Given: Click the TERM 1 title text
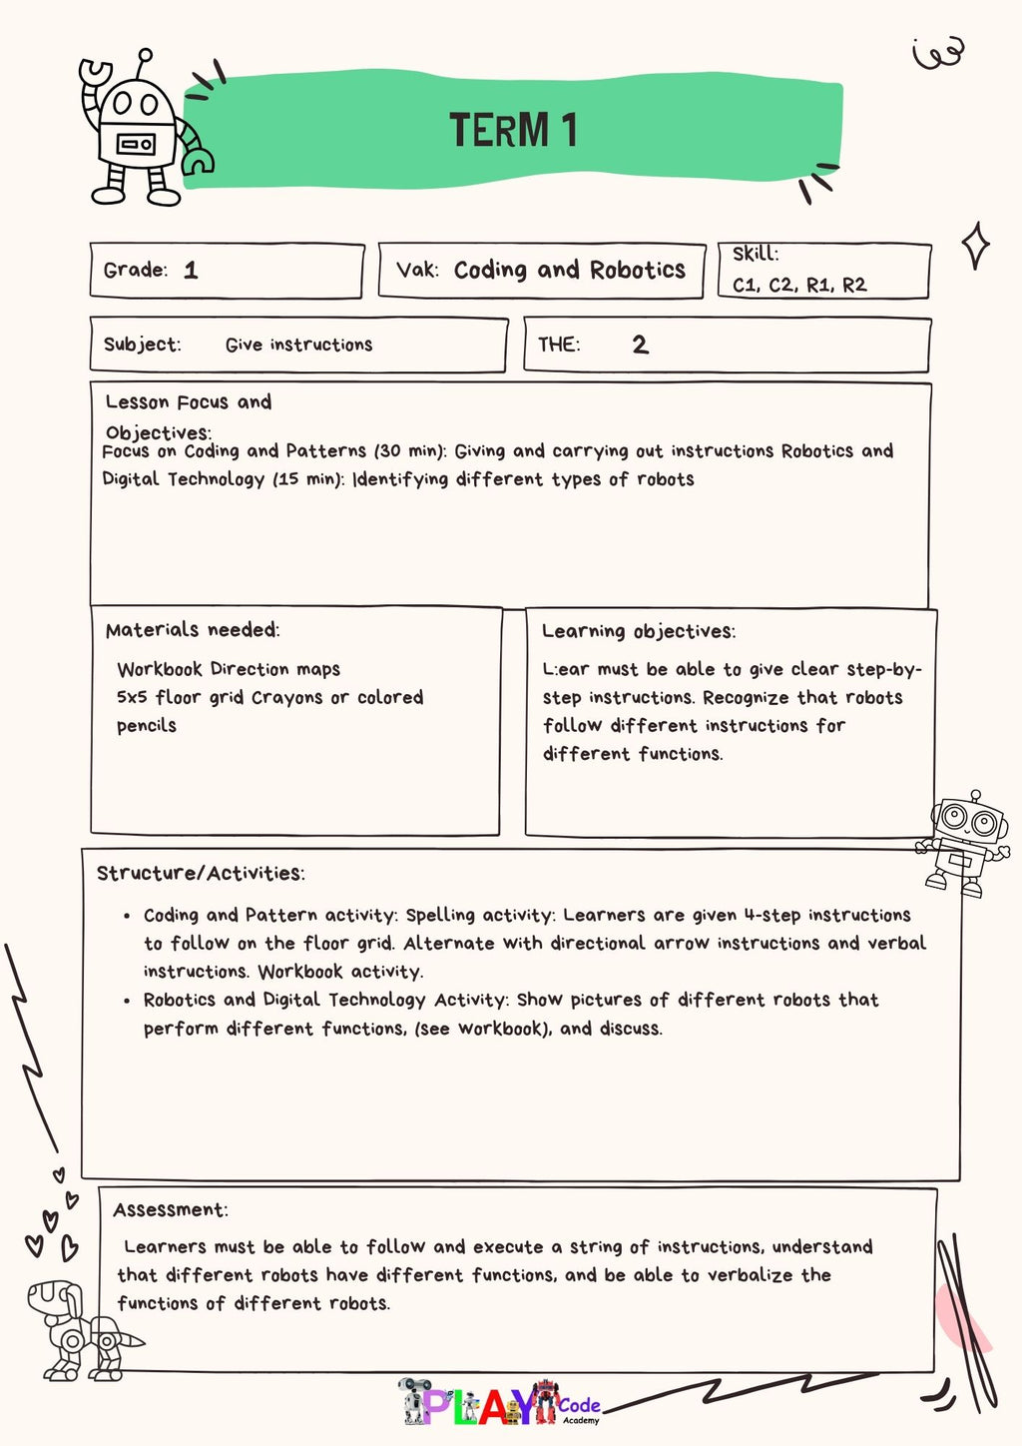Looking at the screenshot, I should click(513, 130).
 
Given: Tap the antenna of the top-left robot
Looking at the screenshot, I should click(146, 58).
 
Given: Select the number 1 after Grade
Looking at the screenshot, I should click(191, 270).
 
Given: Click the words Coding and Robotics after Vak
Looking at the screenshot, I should click(569, 270).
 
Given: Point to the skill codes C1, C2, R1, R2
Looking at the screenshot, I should click(799, 285).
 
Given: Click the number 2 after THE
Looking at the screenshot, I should click(640, 345).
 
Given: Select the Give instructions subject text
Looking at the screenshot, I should click(298, 345).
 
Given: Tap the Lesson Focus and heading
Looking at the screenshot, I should click(188, 401).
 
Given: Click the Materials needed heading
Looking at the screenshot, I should click(192, 629).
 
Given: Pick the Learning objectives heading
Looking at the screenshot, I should click(638, 631).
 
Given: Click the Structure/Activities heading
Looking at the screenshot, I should click(200, 873).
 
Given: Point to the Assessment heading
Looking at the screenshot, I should click(170, 1209).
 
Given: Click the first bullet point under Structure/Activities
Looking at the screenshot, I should click(127, 916).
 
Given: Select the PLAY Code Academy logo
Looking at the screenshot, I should click(499, 1403).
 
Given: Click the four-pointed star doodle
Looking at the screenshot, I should click(975, 246).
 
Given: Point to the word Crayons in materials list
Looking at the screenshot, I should click(287, 697).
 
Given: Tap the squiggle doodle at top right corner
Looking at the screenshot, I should click(938, 52).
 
